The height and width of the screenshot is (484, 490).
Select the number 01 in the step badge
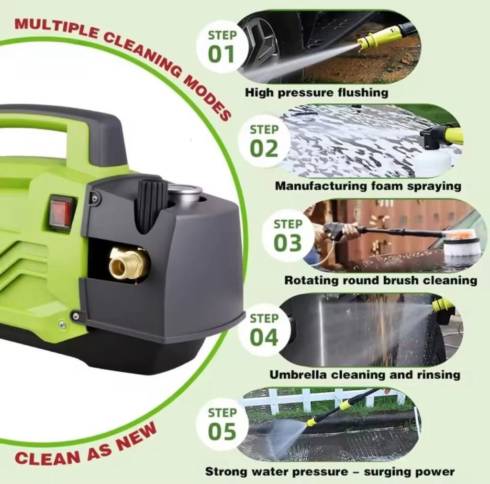click(x=221, y=54)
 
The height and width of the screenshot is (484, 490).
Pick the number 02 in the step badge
click(x=264, y=149)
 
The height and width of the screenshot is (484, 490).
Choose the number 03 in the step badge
click(x=288, y=243)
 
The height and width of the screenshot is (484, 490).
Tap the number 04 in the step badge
click(x=264, y=338)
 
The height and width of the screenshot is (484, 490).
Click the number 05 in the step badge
click(x=222, y=431)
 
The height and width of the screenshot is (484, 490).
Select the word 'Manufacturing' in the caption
click(x=321, y=186)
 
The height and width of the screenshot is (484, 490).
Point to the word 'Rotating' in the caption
click(x=312, y=280)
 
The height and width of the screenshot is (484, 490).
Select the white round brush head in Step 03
click(x=461, y=246)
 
